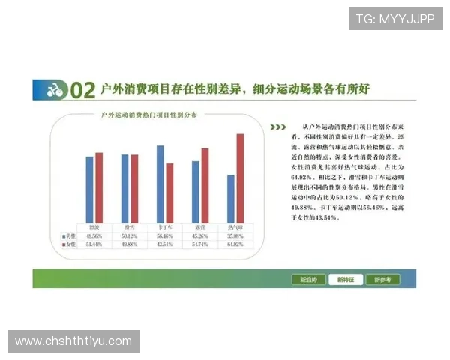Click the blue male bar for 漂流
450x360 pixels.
point(89,189)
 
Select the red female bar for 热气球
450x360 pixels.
point(240,178)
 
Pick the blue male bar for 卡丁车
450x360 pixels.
point(160,184)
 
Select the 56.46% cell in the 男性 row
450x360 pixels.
point(164,235)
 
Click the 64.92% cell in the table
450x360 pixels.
point(235,244)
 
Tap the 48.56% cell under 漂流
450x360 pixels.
point(94,235)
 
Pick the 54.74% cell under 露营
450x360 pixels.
point(199,244)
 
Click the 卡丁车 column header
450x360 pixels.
point(164,226)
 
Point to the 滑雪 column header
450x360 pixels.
point(129,226)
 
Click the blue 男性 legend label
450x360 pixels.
point(70,235)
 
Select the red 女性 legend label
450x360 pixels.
point(70,244)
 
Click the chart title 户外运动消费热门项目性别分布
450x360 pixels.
point(150,116)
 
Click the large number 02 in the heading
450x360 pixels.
point(82,91)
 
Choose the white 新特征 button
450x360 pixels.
point(345,280)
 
